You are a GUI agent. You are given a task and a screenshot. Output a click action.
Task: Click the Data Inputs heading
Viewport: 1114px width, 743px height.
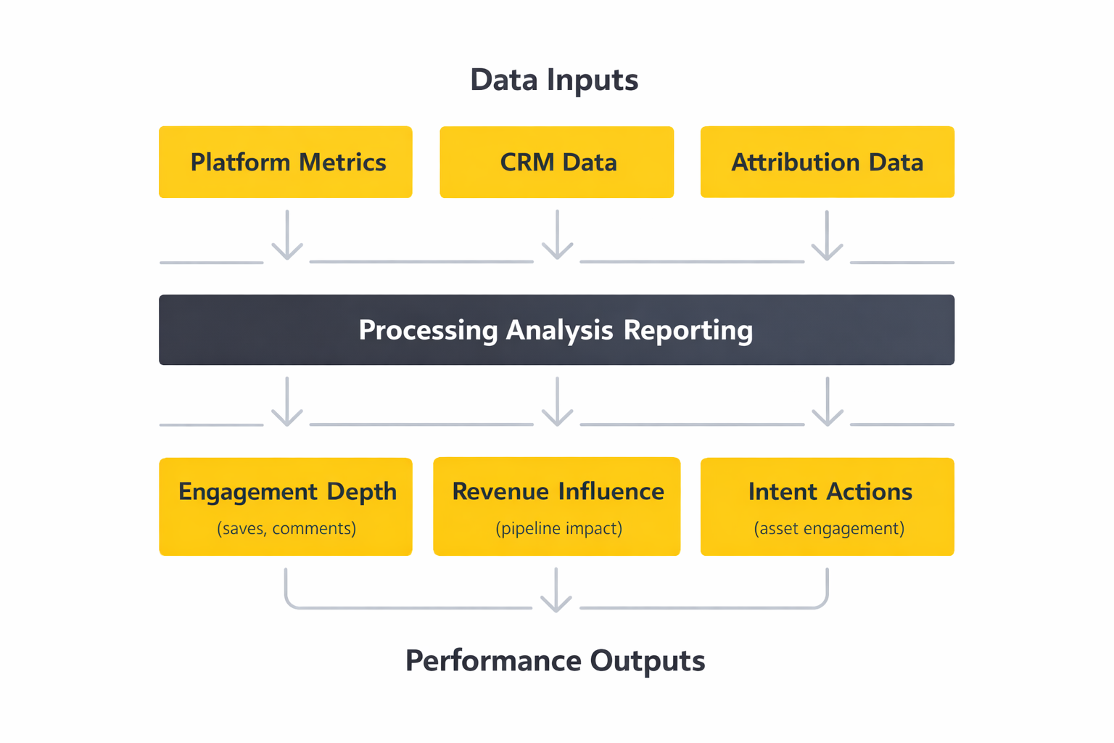554,80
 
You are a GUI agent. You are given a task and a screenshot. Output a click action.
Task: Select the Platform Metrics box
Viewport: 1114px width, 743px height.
286,162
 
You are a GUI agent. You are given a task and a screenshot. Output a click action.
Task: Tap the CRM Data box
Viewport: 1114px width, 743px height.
557,162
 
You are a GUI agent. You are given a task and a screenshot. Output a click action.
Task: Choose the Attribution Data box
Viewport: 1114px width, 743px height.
827,162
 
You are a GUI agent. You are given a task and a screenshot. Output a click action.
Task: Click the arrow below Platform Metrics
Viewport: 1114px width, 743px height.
287,236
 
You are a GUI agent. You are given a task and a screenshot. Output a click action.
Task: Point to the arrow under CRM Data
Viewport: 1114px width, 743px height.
557,236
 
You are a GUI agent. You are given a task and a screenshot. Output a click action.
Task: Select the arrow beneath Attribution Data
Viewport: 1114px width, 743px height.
827,236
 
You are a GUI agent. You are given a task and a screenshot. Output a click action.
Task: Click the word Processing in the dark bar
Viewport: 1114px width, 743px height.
428,330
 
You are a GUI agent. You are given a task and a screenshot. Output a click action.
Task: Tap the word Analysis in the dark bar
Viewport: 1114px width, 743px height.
559,330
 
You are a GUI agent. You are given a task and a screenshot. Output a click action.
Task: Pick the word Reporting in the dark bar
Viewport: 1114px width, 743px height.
688,330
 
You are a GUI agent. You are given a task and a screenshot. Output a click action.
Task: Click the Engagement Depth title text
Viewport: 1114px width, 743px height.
287,492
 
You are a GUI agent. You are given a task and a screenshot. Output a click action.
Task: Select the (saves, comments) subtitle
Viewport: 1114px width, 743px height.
286,528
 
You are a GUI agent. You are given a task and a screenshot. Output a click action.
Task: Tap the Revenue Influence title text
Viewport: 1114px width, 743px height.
558,491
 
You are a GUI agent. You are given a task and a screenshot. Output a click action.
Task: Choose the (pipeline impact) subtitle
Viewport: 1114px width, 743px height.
558,528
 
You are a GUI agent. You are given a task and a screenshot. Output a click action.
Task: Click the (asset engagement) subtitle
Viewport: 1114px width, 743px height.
829,528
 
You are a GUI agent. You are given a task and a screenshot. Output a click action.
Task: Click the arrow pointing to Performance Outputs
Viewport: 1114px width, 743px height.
556,591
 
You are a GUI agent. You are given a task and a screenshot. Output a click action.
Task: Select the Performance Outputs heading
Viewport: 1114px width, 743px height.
555,661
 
